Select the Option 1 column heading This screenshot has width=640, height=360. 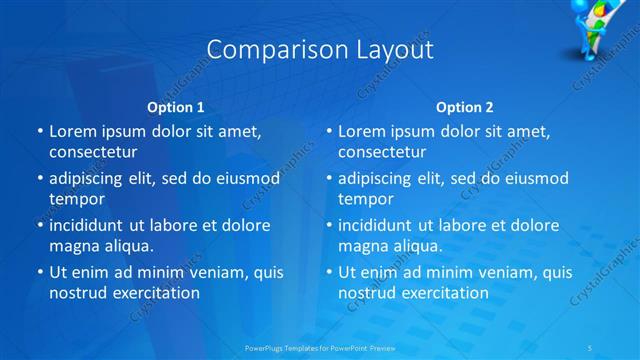[176, 107]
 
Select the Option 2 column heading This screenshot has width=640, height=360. [465, 107]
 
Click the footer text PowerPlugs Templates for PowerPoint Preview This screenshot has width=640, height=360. [319, 348]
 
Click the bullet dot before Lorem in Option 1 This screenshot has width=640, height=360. [39, 132]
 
